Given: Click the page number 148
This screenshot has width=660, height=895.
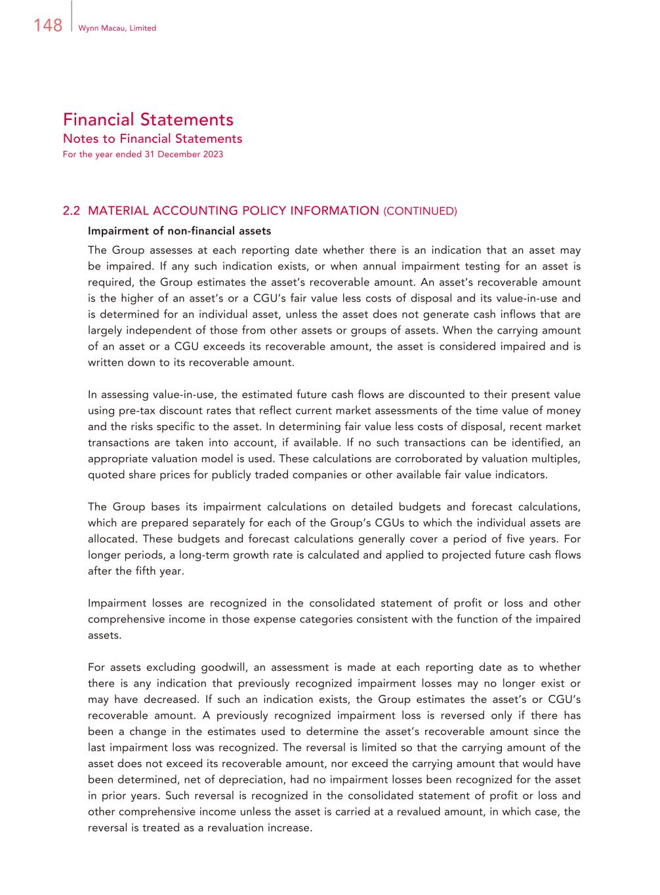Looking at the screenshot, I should [x=48, y=26].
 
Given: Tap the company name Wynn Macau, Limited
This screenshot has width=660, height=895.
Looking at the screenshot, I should [x=117, y=28].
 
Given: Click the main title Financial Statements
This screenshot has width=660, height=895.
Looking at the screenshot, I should [x=148, y=119].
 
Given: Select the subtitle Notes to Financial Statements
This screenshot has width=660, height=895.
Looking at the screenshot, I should [x=152, y=138].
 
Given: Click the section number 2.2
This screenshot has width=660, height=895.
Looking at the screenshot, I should [x=71, y=210].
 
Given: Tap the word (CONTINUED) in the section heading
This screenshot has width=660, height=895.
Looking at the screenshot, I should [x=420, y=211].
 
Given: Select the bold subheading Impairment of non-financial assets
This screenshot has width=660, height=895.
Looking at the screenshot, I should [x=179, y=231].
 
